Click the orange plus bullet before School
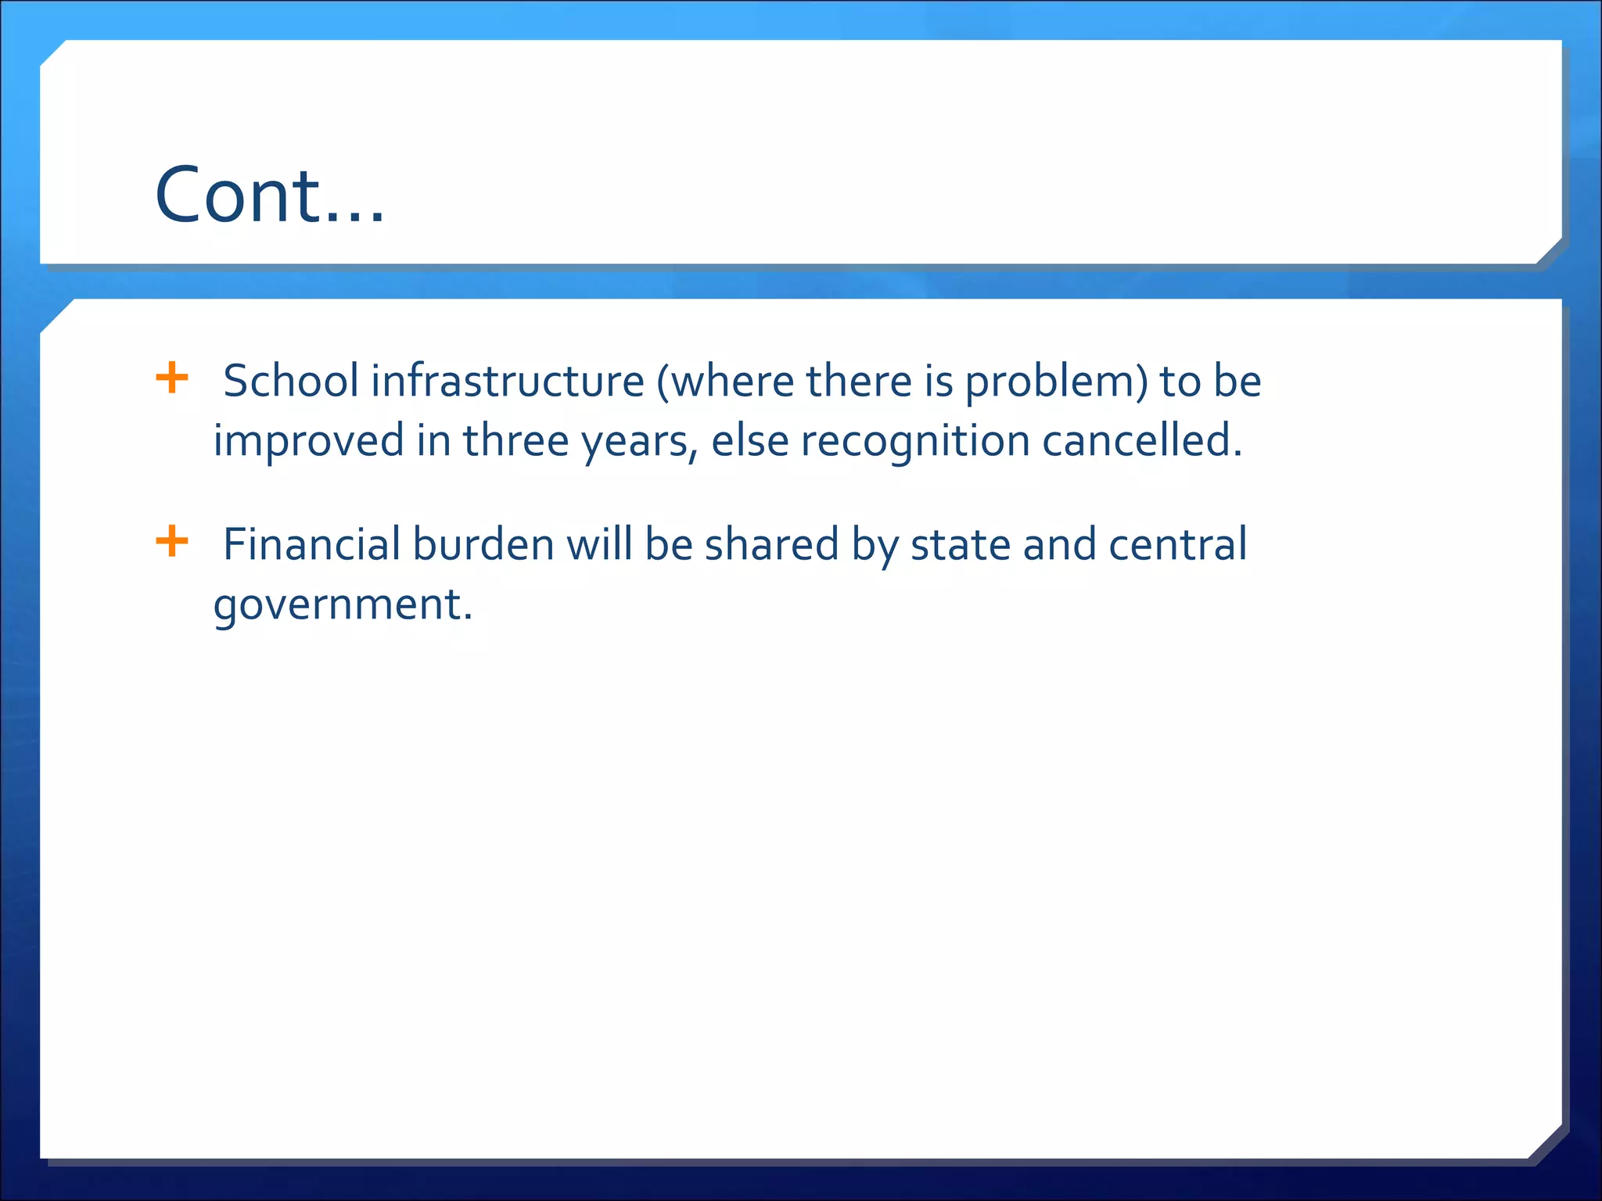(x=172, y=378)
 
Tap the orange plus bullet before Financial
(x=172, y=541)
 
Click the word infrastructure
(x=508, y=382)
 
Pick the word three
(x=515, y=440)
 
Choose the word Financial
(x=311, y=544)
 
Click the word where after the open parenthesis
(x=732, y=382)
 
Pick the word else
(x=749, y=440)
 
